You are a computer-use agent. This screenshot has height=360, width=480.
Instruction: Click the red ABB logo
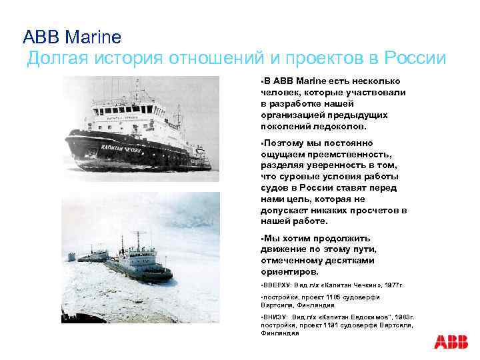(451, 342)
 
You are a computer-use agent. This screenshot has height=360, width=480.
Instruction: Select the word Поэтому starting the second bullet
(285, 143)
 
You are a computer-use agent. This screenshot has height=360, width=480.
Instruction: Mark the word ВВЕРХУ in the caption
(279, 285)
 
